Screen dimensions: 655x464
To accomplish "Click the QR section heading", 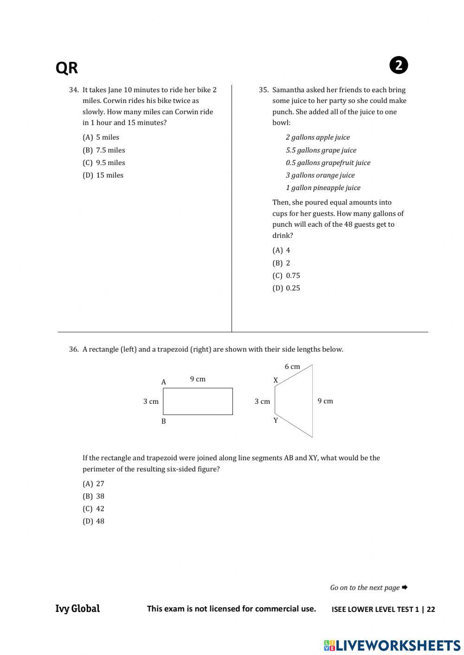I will pos(67,68).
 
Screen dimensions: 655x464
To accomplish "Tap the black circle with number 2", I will pos(399,65).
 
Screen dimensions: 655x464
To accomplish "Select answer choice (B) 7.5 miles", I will pos(104,150).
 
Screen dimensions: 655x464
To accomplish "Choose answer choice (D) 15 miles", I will pos(103,175).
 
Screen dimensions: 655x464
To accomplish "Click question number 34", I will pos(74,90).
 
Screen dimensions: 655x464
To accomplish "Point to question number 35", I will pos(264,90).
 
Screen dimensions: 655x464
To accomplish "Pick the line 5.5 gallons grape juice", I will pos(321,150).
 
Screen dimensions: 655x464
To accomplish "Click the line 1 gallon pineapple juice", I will pos(323,188).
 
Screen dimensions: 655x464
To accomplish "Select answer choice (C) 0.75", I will pos(286,275).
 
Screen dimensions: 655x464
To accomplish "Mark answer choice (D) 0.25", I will pos(286,288).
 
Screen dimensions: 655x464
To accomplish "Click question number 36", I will pos(74,350).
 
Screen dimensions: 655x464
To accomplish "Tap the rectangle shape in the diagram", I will pos(198,401).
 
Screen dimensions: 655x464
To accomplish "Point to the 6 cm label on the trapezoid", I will pos(292,367).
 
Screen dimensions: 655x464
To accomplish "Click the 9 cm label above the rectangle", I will pos(198,379).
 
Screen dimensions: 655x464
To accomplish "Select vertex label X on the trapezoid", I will pos(276,381).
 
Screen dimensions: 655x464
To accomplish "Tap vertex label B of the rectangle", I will pos(163,421).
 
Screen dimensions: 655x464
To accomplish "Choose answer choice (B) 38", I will pos(94,496).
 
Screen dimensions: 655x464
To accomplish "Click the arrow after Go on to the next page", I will pos(405,587).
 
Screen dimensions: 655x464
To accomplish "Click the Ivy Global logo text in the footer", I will pos(77,609).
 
